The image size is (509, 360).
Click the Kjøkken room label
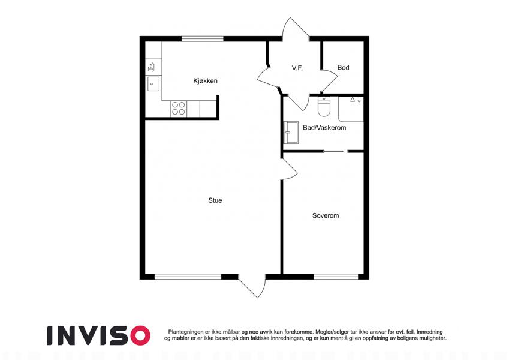(205, 81)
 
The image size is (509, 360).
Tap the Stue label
(215, 200)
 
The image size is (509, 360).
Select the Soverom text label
(326, 215)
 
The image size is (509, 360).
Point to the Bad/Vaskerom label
(324, 128)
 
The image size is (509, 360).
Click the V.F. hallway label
(297, 68)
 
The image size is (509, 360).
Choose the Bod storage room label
(343, 68)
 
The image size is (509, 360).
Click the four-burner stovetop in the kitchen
(179, 109)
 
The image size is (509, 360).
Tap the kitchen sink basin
(153, 84)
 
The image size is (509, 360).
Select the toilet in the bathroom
(324, 106)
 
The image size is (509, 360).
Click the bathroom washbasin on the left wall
(291, 133)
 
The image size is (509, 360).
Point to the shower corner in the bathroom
(351, 109)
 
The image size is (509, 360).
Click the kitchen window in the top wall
(203, 39)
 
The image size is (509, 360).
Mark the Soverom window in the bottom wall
(336, 277)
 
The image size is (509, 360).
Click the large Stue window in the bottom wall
(188, 277)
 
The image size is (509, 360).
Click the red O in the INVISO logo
(140, 335)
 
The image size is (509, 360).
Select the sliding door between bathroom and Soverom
(336, 151)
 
